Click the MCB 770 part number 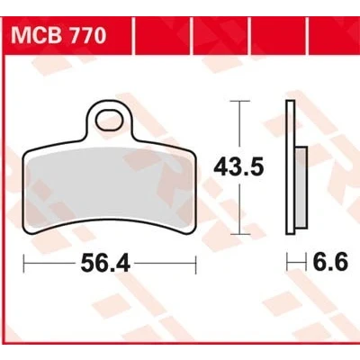coord(58,36)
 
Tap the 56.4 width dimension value coord(105,264)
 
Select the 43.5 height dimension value coord(238,166)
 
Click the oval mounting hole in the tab coord(110,120)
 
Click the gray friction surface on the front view coord(110,187)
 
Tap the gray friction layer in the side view coord(301,187)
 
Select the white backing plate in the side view coord(290,167)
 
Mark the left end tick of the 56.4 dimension coord(24,264)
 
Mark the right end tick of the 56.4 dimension coord(195,264)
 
